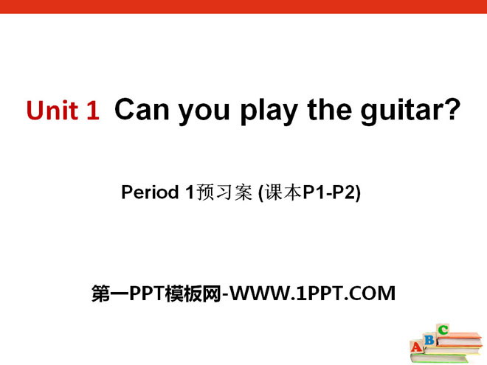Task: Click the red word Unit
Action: tap(52, 110)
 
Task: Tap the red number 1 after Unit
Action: tap(93, 110)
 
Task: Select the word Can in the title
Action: tap(142, 109)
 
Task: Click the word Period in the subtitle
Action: tap(150, 192)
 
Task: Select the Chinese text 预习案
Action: tap(224, 192)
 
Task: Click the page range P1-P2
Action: tap(329, 192)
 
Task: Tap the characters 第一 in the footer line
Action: tap(110, 293)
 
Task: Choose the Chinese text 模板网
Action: tap(193, 293)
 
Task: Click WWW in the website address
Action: tap(260, 293)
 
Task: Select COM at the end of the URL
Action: tap(372, 293)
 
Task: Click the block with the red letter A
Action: tap(417, 347)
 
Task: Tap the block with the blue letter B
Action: tap(430, 339)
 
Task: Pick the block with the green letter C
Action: tap(443, 330)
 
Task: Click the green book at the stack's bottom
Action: tap(442, 358)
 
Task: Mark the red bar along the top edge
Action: tap(243, 7)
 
